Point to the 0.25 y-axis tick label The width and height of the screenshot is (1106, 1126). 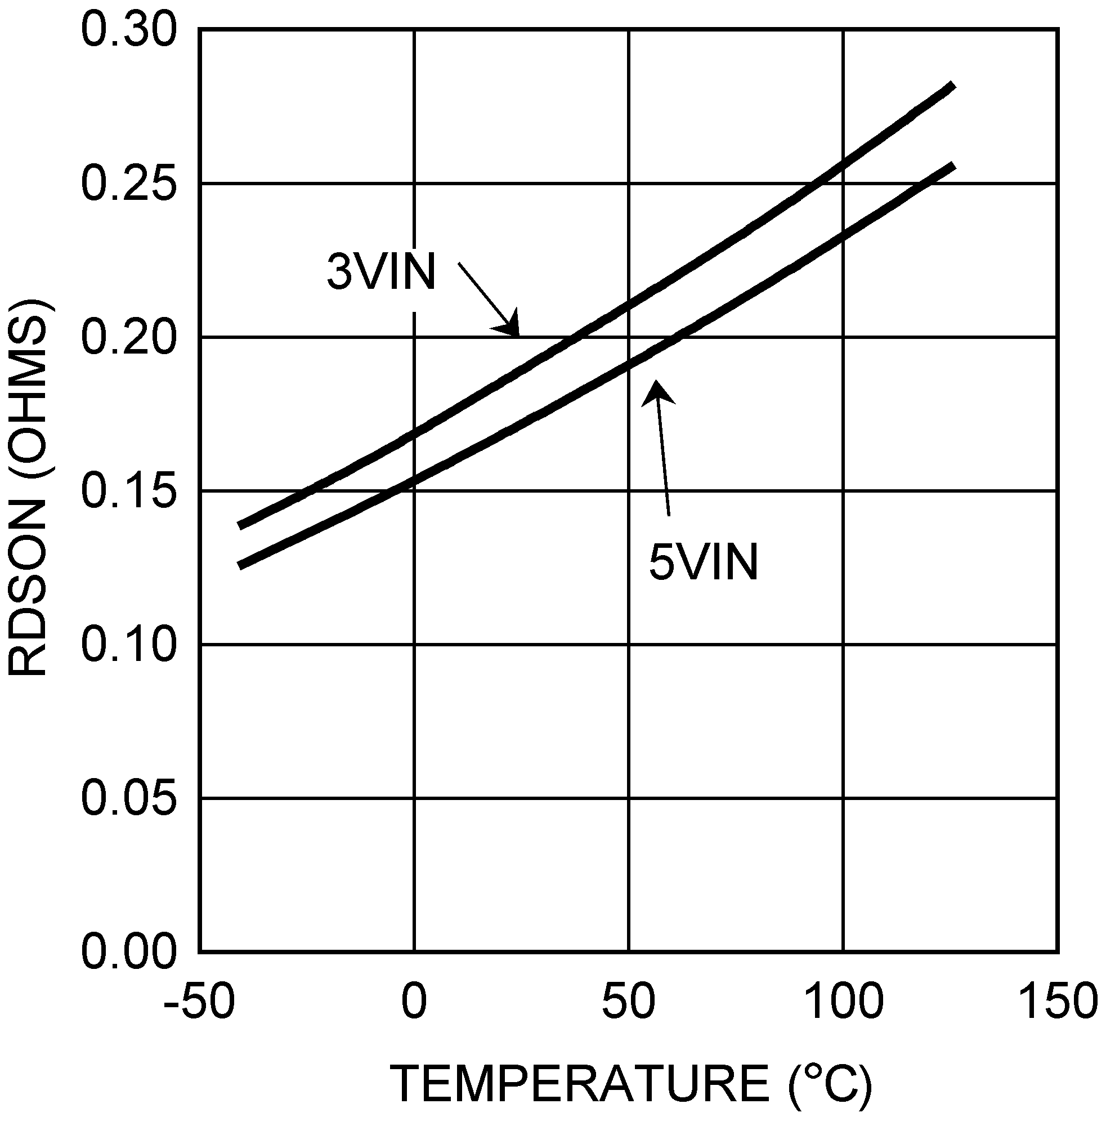[128, 184]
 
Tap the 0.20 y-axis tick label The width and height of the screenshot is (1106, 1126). [128, 338]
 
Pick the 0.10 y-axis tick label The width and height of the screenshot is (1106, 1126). [128, 645]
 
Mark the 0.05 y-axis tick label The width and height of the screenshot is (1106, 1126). [128, 798]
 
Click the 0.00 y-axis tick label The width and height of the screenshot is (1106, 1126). [128, 951]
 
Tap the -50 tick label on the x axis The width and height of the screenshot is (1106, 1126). [199, 1002]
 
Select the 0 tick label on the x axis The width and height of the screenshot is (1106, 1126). [414, 1002]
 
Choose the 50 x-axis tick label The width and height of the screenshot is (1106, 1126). [629, 1002]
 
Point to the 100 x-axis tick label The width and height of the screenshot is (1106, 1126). [844, 1002]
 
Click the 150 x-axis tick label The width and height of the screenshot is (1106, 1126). [1058, 1002]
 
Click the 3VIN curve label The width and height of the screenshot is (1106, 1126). [382, 272]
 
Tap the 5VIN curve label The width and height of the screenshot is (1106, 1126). [704, 562]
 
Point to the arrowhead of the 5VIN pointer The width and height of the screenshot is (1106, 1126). [657, 392]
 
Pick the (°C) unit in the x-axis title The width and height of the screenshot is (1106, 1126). [830, 1084]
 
